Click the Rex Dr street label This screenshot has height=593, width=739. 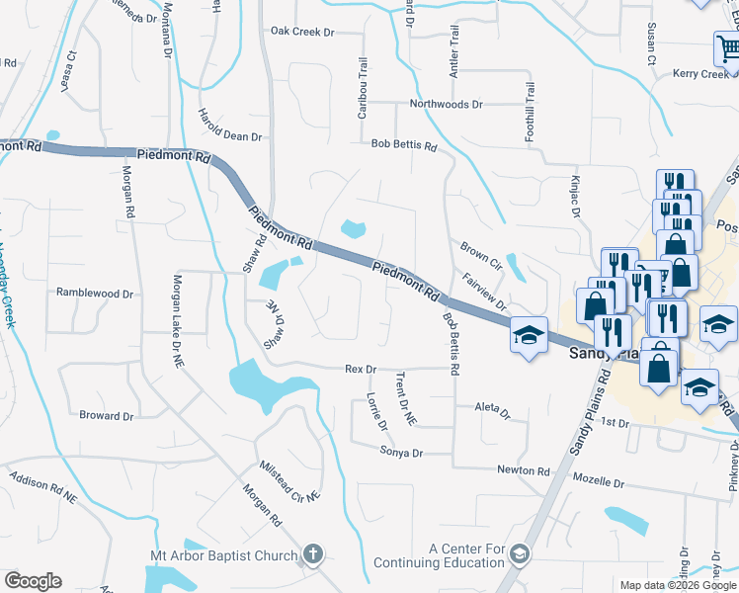click(x=361, y=369)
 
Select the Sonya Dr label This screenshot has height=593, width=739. click(x=401, y=452)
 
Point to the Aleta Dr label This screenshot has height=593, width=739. click(x=492, y=410)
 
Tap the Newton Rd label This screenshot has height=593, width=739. click(x=523, y=471)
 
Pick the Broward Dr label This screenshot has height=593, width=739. click(x=107, y=416)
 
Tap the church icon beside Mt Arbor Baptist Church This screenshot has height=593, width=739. click(x=313, y=554)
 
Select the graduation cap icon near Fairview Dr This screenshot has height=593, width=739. click(x=529, y=334)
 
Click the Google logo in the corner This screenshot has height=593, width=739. click(x=33, y=580)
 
